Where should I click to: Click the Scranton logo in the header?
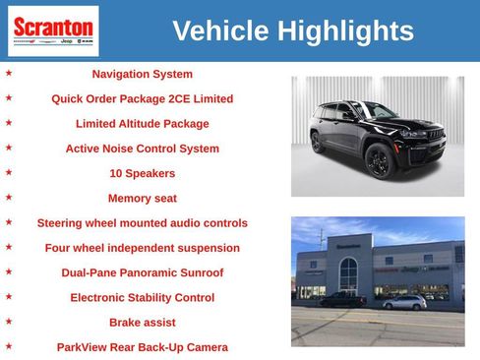53,30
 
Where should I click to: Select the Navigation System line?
142,74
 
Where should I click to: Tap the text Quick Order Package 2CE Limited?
142,99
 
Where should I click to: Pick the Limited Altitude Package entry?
142,124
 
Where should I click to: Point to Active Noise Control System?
142,149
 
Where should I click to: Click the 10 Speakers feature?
142,173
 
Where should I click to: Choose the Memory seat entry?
142,198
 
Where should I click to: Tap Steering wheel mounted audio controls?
142,223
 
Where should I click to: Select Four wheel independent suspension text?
142,248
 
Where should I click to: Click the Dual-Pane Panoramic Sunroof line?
142,272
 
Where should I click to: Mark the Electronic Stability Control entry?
142,297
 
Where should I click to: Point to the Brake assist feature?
142,322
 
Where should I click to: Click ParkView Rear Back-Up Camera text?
142,347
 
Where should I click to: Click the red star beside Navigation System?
9,73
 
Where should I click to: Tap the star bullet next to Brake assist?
9,321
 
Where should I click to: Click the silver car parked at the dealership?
404,302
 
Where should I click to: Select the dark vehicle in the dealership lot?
342,299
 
